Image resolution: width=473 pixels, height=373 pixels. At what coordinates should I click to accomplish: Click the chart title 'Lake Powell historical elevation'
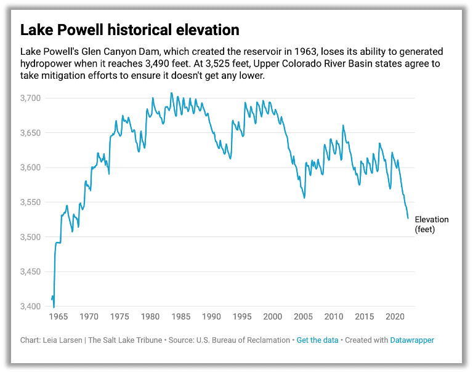(129, 30)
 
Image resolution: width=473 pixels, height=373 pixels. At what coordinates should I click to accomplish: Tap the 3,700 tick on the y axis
(31, 98)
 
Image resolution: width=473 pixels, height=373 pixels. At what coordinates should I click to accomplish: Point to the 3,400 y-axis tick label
(31, 307)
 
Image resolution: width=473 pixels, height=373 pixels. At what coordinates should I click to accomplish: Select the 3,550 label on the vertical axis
(31, 203)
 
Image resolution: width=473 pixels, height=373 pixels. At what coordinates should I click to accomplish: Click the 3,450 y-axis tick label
(31, 272)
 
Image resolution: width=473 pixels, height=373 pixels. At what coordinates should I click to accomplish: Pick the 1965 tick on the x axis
(58, 316)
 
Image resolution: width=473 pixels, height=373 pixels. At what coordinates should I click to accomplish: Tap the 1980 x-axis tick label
(150, 316)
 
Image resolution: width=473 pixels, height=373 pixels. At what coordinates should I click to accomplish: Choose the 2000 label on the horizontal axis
(272, 316)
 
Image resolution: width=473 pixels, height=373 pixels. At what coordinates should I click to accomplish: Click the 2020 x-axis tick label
(394, 316)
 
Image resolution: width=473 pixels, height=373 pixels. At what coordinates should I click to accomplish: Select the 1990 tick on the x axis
(211, 316)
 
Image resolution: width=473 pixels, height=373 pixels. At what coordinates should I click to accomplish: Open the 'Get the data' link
(317, 340)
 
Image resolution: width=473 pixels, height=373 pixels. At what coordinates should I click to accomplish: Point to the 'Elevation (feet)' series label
(431, 224)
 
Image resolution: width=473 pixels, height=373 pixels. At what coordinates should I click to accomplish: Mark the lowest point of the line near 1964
(54, 307)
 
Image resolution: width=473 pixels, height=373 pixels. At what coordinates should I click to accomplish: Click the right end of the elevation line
(408, 218)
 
